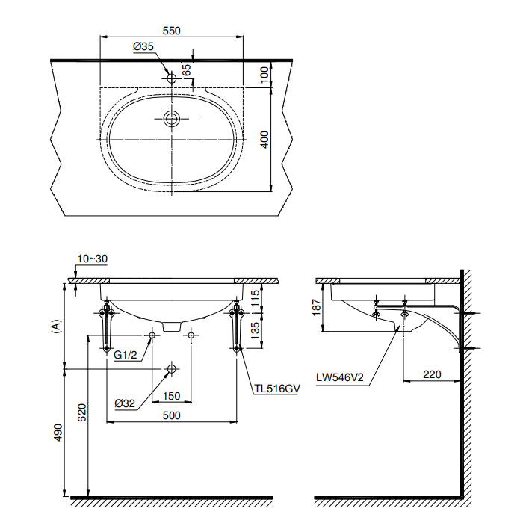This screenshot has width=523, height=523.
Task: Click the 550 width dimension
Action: [171, 31]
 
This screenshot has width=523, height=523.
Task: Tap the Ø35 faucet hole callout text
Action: [143, 46]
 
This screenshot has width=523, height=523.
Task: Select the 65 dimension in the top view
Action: [187, 69]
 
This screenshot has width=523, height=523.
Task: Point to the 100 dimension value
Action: [264, 75]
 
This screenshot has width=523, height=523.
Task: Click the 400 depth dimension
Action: [264, 140]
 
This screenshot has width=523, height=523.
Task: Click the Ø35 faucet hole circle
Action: [171, 78]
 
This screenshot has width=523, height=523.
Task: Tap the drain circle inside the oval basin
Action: [171, 118]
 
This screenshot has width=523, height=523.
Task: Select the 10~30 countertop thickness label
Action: [93, 259]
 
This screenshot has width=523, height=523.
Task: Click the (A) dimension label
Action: [57, 327]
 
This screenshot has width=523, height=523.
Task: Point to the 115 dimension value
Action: [255, 298]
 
